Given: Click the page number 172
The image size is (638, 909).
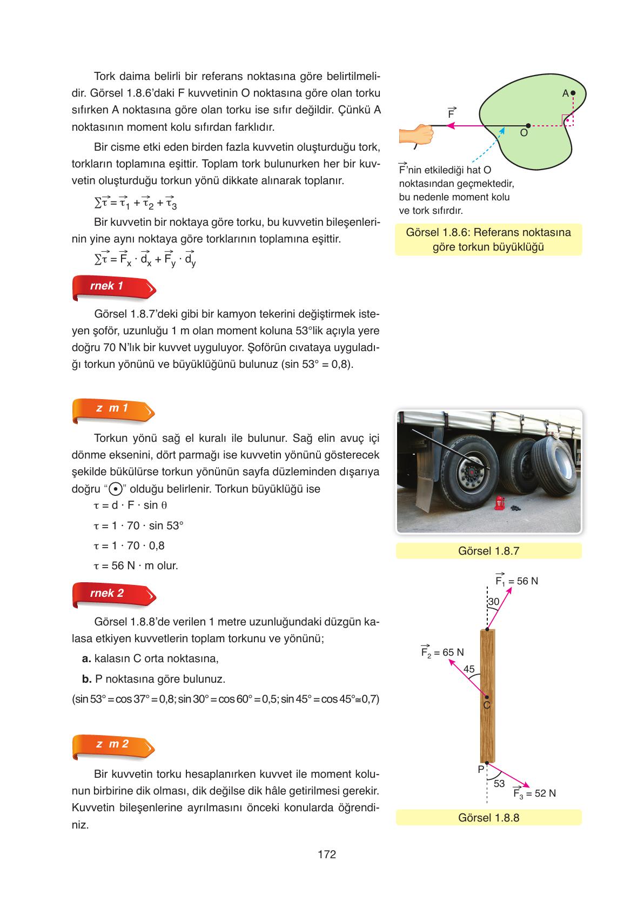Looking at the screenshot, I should [327, 854].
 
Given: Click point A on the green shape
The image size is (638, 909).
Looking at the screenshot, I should [573, 93].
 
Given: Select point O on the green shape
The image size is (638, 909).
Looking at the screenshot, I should [528, 125].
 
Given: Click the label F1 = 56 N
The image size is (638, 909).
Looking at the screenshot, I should [516, 581].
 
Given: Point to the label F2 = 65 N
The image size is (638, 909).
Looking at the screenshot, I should [442, 651].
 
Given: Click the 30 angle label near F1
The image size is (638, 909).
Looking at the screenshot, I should [494, 602].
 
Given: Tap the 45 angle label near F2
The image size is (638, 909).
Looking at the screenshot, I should [469, 669].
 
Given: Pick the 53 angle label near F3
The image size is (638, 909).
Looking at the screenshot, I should [499, 783].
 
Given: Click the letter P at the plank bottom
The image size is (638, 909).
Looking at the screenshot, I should [480, 770].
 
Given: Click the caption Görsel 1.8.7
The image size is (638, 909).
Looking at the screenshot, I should [488, 551].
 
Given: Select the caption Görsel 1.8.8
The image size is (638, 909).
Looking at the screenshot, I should [488, 817].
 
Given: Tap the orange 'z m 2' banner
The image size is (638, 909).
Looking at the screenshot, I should [113, 745].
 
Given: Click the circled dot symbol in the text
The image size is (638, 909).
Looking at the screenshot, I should [114, 489].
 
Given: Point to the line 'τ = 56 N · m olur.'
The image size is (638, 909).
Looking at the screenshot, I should [136, 565].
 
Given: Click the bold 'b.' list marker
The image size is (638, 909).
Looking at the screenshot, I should [86, 678].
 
